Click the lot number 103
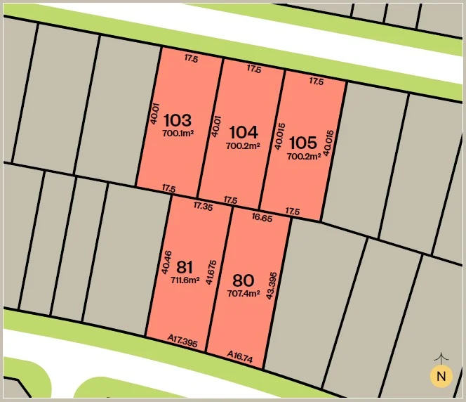point(177,120)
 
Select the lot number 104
point(243,132)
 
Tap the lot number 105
point(303,143)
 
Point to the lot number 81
point(185,267)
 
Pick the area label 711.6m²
point(185,279)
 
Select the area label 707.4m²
point(244,293)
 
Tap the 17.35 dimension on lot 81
point(203,206)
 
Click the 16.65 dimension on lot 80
point(262,218)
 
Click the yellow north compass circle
point(441,377)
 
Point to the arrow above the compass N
point(441,358)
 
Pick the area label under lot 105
point(304,156)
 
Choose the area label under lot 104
point(243,145)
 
